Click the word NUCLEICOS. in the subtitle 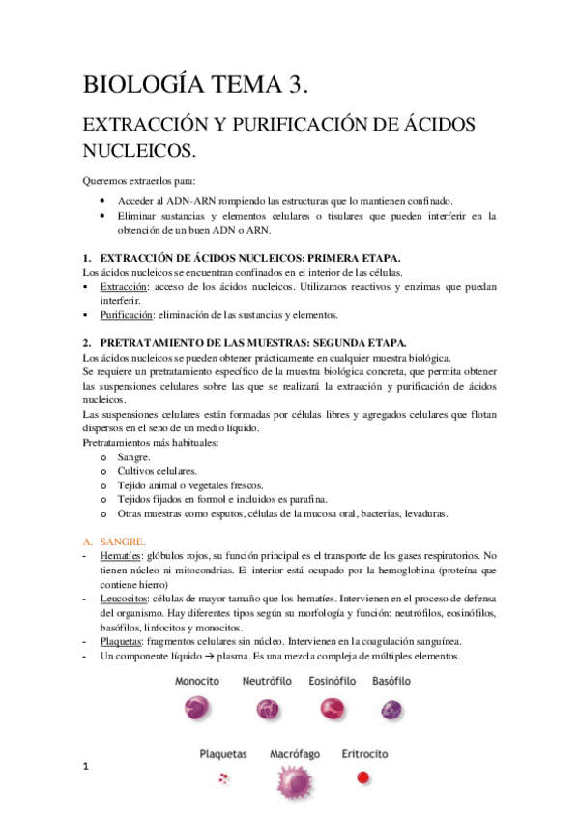(x=140, y=152)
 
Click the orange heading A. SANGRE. (x=114, y=541)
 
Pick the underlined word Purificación (x=126, y=315)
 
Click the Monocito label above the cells (x=197, y=681)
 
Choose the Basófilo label (x=391, y=681)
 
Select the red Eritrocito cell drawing (x=363, y=776)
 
